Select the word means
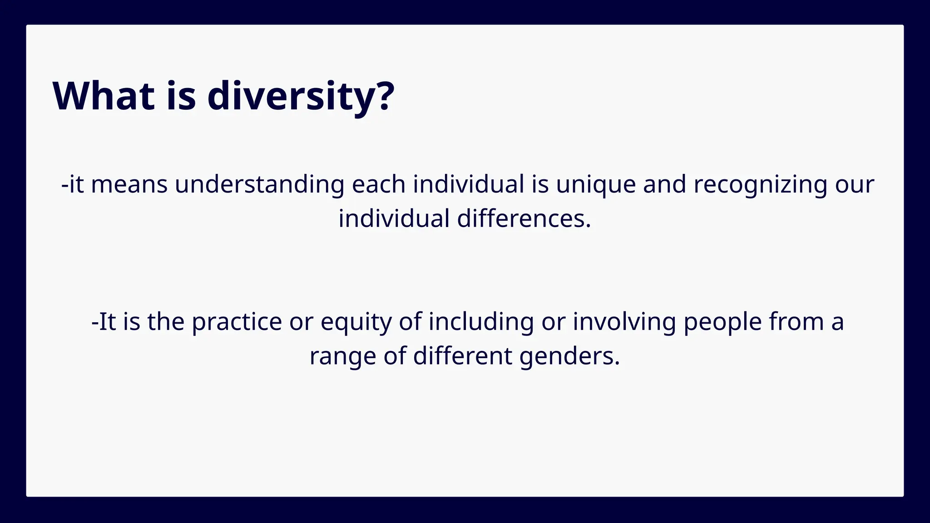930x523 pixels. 129,185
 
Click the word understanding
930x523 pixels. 259,185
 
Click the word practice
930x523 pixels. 237,322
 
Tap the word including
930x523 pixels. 481,322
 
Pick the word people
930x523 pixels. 722,322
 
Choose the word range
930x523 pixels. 342,356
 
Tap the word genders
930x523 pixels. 569,356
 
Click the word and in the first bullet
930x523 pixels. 664,185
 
